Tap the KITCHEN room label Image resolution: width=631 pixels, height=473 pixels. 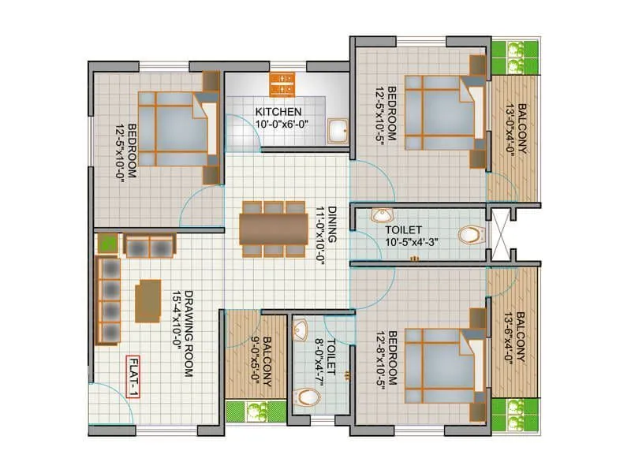click(278, 111)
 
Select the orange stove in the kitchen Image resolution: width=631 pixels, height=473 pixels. click(281, 82)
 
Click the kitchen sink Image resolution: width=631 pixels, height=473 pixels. click(338, 131)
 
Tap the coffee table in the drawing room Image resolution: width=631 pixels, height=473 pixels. click(147, 302)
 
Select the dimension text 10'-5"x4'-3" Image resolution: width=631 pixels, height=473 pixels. click(417, 242)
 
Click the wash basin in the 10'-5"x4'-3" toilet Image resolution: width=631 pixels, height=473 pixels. click(382, 216)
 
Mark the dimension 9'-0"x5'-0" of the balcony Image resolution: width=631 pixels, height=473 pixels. click(256, 359)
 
